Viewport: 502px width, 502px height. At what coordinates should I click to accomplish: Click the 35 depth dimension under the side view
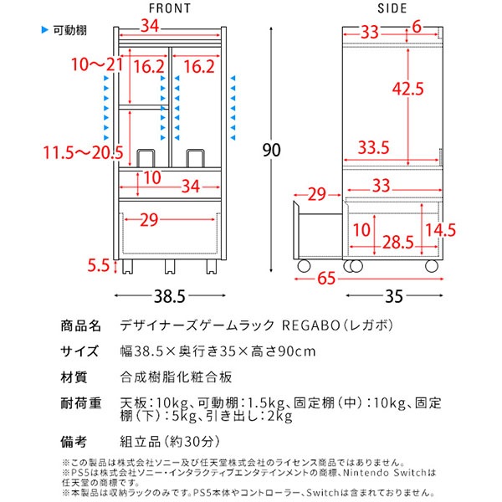click(x=391, y=295)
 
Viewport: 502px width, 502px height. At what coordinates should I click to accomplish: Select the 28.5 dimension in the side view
click(x=397, y=243)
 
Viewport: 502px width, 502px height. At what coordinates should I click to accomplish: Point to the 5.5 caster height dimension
click(x=99, y=266)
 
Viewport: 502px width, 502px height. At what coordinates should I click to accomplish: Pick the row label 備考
click(x=80, y=439)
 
